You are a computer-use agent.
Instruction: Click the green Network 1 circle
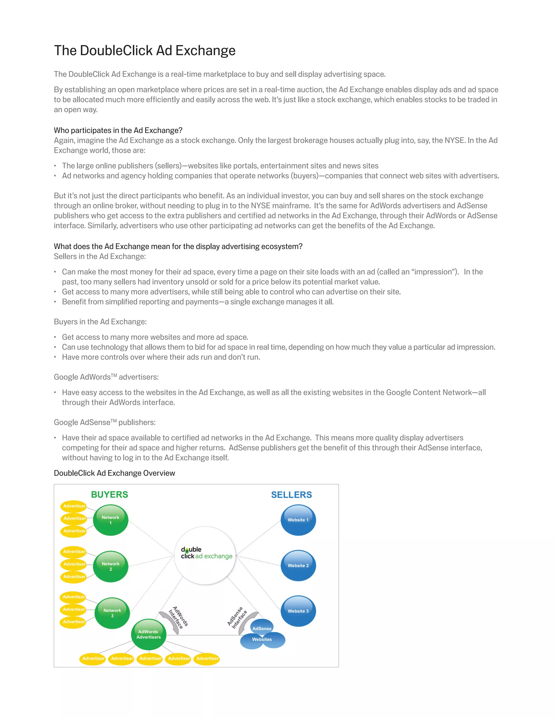coord(111,520)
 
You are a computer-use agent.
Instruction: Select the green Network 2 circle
coord(111,566)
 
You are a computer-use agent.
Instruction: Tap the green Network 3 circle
coord(112,613)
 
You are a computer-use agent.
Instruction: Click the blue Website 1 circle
coord(298,520)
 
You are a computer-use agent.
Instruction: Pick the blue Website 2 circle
coord(298,565)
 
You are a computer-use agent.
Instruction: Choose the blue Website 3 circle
coord(298,611)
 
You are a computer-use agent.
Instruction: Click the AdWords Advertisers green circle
coord(149,634)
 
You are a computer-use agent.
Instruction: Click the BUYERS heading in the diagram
coord(109,494)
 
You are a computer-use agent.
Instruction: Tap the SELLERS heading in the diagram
coord(291,495)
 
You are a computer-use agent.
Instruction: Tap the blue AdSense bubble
coord(262,628)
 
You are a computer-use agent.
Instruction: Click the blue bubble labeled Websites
coord(262,639)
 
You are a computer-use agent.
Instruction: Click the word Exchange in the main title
coord(205,51)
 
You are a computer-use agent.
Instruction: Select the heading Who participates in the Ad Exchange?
coord(118,131)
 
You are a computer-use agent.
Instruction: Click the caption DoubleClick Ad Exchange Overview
coord(114,473)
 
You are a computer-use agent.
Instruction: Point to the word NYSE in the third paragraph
coord(455,140)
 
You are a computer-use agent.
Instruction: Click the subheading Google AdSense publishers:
coord(105,422)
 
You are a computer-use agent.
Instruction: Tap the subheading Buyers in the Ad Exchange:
coord(100,322)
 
